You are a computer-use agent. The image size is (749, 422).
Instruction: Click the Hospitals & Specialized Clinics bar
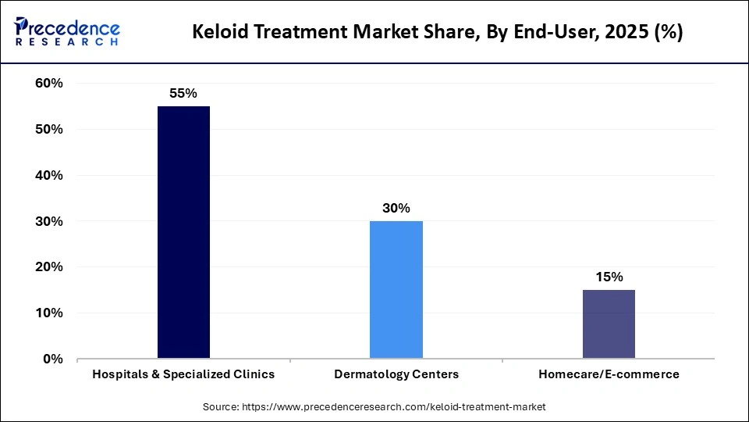[x=183, y=232]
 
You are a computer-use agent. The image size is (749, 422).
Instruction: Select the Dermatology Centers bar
[x=396, y=290]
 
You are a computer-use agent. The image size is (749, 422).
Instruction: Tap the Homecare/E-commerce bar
[x=609, y=324]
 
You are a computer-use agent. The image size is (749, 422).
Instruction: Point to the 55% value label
[x=183, y=93]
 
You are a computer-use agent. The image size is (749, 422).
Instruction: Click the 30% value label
[x=396, y=208]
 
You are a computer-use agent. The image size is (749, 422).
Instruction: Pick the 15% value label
[x=609, y=277]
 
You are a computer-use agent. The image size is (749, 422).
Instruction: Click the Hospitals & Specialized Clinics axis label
[x=183, y=374]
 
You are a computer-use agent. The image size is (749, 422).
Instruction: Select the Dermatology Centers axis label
[x=396, y=374]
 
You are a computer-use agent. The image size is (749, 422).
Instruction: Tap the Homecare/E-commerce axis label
[x=609, y=374]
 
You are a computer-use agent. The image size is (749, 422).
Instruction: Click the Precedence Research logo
[x=67, y=31]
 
